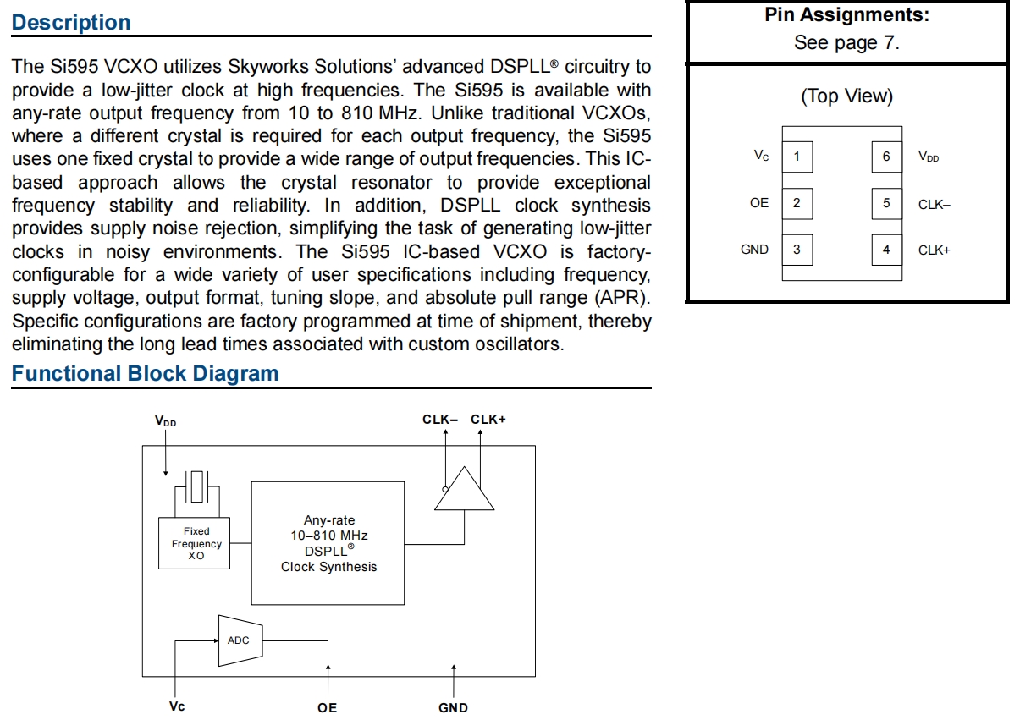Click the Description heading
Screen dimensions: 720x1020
(x=71, y=23)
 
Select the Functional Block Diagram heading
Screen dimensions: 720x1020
(x=145, y=374)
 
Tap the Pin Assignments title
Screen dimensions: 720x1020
(x=846, y=15)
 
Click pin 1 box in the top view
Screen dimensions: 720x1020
(x=797, y=157)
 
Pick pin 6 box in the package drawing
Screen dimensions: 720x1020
(x=886, y=157)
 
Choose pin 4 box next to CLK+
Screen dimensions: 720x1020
(x=886, y=250)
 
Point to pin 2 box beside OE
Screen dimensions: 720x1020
(x=797, y=203)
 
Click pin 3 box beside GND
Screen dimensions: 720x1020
(x=797, y=250)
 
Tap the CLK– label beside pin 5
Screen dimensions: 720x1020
(x=935, y=204)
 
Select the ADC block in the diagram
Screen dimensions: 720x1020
(x=240, y=640)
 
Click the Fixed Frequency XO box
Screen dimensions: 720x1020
(x=196, y=543)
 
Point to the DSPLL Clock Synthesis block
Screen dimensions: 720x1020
(x=328, y=543)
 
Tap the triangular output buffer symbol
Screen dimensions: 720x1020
(x=464, y=490)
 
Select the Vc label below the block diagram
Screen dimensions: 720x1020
(x=177, y=706)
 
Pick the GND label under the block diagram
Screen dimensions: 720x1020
(x=453, y=707)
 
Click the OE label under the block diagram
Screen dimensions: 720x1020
(x=328, y=707)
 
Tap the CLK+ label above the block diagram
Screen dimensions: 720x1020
(x=488, y=419)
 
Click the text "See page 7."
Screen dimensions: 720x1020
(x=846, y=43)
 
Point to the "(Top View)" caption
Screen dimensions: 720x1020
(x=846, y=96)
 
